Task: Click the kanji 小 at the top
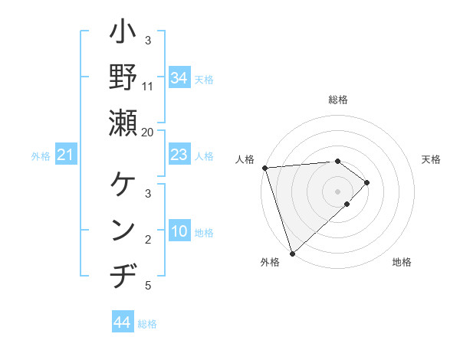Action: tap(123, 35)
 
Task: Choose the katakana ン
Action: tap(123, 231)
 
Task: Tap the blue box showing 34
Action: tap(179, 77)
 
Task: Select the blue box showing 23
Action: tap(179, 155)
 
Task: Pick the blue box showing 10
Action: tap(179, 231)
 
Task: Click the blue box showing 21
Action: tap(66, 155)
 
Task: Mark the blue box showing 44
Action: tap(122, 322)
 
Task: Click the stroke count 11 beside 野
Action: tap(148, 86)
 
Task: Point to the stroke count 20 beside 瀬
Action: tap(148, 131)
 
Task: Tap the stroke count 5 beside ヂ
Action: tap(148, 286)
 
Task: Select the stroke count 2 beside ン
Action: tap(148, 241)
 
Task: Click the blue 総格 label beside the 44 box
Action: tap(147, 324)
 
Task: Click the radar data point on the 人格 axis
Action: tap(264, 167)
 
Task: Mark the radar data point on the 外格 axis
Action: tap(292, 253)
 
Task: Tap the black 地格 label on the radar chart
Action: tap(402, 263)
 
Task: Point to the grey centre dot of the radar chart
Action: tap(337, 191)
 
